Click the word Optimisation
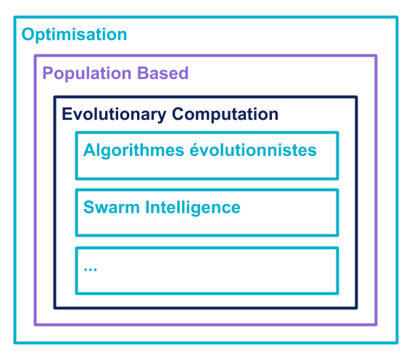[75, 35]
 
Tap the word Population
[87, 73]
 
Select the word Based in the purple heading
[162, 73]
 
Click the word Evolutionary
[114, 115]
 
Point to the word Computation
[225, 115]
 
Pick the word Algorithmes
[134, 150]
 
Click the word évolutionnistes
[253, 150]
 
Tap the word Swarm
[112, 208]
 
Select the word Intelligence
[193, 208]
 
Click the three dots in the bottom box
[90, 269]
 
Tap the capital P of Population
[48, 73]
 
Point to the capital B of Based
[143, 73]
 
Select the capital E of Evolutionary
[67, 114]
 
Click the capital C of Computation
[178, 114]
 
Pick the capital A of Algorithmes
[90, 150]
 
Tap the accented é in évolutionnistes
[195, 150]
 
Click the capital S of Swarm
[89, 208]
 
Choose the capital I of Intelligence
[147, 208]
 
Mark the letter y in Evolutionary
[161, 116]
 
